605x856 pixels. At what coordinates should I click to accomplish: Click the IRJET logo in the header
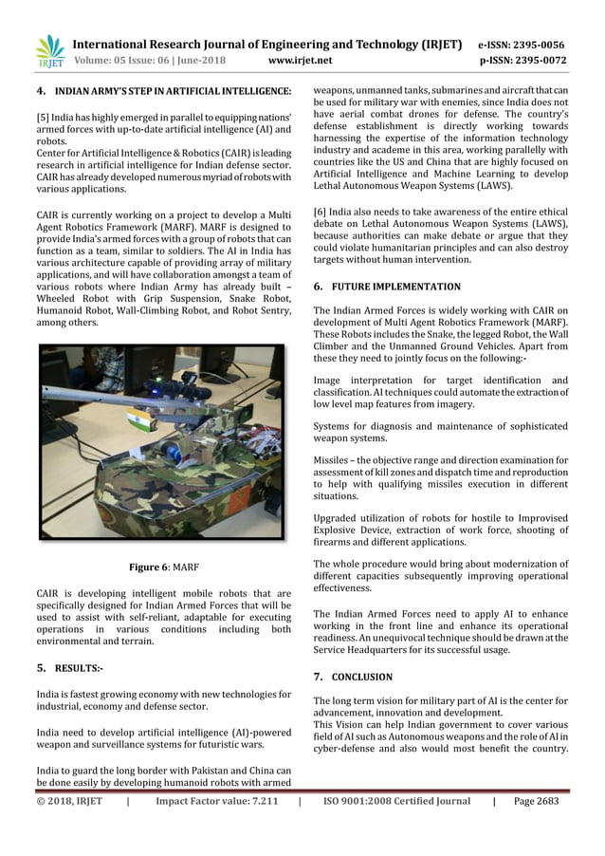click(49, 51)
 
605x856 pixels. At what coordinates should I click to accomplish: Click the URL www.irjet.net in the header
click(301, 60)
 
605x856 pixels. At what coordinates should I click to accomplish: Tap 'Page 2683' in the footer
click(537, 801)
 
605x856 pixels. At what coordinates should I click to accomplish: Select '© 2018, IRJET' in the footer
click(69, 801)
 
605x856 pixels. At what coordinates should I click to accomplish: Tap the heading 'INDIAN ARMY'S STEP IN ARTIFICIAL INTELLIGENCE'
click(173, 90)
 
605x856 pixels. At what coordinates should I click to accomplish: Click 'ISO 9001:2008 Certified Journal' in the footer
click(396, 801)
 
